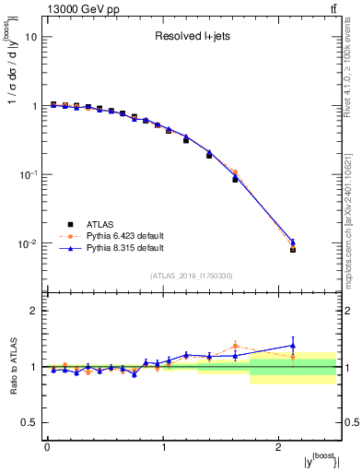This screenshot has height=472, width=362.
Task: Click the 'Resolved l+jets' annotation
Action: [x=192, y=38]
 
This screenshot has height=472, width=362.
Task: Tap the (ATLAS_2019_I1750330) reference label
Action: [x=193, y=276]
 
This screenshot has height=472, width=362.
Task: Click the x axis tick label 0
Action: [x=47, y=447]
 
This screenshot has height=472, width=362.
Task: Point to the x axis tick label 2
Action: [x=279, y=447]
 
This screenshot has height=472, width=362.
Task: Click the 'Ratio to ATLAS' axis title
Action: [x=11, y=366]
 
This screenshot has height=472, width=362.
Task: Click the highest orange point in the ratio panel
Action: [x=235, y=346]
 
